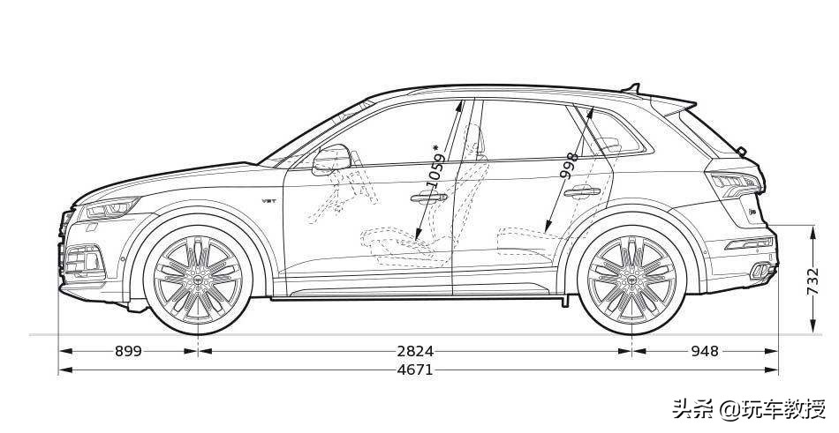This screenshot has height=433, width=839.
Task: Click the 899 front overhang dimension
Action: coord(128,351)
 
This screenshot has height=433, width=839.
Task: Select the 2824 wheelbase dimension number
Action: coord(415,351)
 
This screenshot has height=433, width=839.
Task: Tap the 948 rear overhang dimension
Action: coord(705,351)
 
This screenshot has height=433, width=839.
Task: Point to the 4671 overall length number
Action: coord(415,370)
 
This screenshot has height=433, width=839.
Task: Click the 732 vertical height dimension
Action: coord(813,281)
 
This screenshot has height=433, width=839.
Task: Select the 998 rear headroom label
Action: coord(569,165)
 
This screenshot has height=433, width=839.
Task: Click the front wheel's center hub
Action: coord(198,280)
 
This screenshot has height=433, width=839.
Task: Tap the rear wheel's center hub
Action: coord(632,280)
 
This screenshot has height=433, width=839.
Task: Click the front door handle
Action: coord(429,198)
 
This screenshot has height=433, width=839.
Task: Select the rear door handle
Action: coord(582,191)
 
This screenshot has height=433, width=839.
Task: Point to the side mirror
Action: coord(331,159)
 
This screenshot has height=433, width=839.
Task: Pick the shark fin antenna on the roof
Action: coord(632,88)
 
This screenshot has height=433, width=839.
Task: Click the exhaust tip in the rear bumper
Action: coord(760,272)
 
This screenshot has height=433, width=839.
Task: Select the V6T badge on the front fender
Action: coord(268,201)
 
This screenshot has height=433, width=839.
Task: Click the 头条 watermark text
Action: coord(693,409)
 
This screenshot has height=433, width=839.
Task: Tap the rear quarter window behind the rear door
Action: coord(616,132)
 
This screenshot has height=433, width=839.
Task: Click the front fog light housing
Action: coord(83,260)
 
